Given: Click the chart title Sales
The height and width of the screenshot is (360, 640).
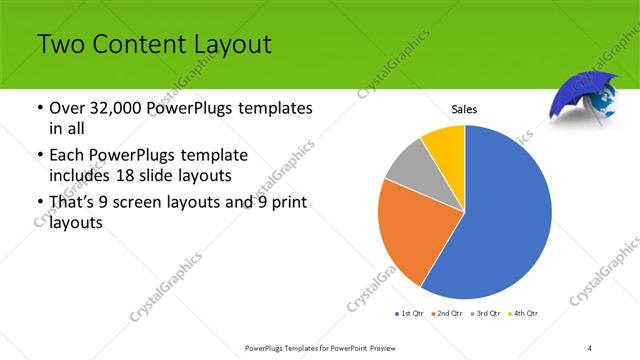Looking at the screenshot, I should [x=464, y=108].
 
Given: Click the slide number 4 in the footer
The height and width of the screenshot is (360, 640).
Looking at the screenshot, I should [x=590, y=347].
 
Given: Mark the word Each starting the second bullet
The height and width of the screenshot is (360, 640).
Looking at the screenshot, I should [x=67, y=156].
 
